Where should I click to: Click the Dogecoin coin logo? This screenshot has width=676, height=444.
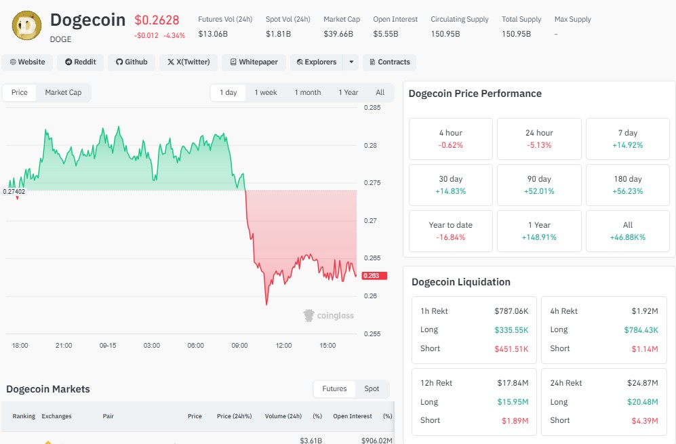(26, 26)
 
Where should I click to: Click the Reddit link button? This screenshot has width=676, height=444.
(80, 62)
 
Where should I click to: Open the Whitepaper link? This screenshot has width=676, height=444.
(254, 62)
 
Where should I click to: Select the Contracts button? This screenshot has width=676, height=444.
(389, 62)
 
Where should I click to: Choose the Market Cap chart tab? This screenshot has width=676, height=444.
(63, 92)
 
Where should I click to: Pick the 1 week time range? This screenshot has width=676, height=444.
(266, 92)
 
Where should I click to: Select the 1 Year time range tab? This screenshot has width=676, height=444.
(349, 92)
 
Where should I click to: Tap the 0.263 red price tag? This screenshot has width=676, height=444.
(374, 276)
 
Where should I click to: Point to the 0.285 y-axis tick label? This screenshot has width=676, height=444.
(372, 108)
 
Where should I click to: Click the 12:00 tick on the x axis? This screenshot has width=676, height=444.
(283, 345)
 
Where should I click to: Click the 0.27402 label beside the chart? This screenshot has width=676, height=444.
(14, 191)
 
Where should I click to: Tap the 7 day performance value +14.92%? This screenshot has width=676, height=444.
(627, 145)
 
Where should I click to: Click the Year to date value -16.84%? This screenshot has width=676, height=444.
(450, 237)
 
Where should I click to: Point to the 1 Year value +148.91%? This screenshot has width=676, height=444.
(539, 237)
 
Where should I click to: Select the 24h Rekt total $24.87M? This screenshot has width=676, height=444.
(642, 383)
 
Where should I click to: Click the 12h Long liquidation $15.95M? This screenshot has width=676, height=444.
(513, 402)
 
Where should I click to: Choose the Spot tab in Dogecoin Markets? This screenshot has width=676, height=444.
(372, 389)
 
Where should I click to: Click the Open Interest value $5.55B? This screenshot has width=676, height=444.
(385, 34)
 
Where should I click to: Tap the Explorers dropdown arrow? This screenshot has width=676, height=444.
(351, 62)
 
